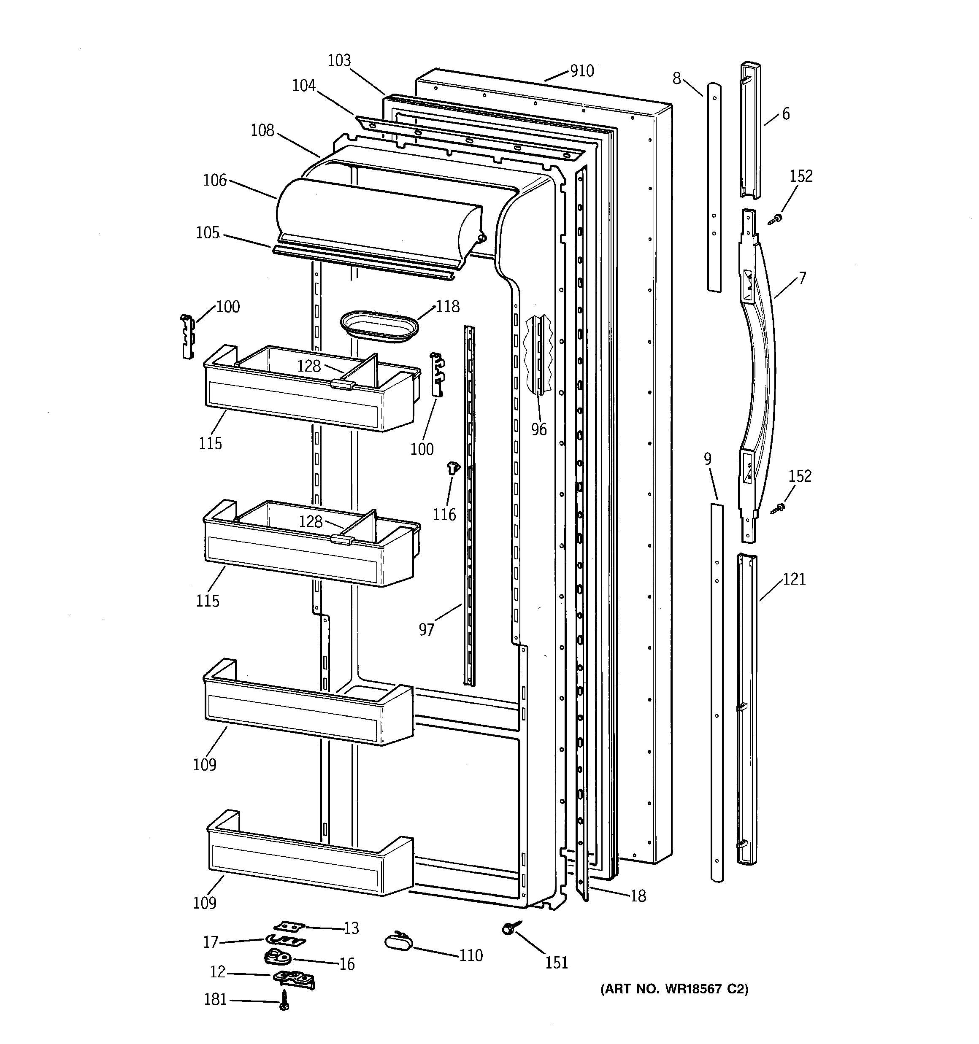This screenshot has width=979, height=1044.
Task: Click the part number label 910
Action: [582, 71]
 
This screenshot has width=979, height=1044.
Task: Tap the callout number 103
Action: [339, 60]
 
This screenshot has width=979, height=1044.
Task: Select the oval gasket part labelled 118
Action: [379, 326]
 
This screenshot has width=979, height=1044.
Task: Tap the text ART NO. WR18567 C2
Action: [674, 989]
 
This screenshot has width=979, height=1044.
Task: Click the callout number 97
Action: [426, 629]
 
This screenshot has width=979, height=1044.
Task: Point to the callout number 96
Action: [538, 429]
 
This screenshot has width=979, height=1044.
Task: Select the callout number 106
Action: [214, 180]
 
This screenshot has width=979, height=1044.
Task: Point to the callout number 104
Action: [304, 85]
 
